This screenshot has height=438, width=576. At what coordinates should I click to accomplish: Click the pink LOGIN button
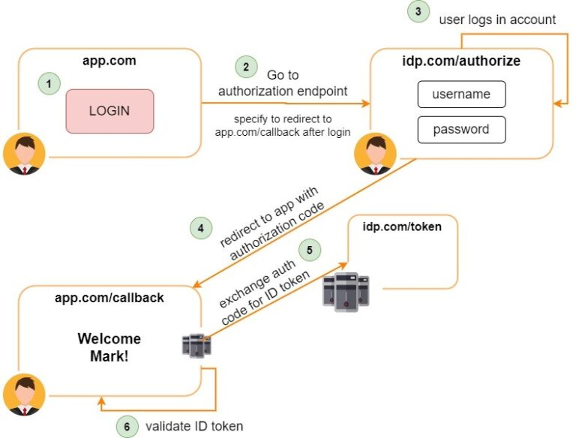pos(109,111)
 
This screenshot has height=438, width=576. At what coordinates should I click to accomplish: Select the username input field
pos(461,94)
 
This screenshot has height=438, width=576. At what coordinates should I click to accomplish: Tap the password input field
pos(461,129)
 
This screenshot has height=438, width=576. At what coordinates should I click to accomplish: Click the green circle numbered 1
pos(49,84)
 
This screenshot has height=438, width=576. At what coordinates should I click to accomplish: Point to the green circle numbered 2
pos(245,66)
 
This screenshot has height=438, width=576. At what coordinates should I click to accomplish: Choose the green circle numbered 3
pos(418,12)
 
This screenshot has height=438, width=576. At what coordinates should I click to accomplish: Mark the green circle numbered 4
pos(201,228)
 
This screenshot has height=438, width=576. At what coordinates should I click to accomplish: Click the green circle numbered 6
pos(127,425)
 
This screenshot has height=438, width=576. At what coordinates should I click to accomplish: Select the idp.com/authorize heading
pos(461,61)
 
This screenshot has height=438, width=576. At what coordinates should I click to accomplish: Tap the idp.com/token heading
pos(402,226)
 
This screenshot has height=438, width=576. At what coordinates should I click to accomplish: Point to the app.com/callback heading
pos(109,298)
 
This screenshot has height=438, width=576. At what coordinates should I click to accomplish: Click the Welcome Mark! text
pos(109,347)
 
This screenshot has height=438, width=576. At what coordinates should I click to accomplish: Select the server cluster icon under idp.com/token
pos(346,289)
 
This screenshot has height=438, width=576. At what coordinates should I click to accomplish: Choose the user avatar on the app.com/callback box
pos(23,395)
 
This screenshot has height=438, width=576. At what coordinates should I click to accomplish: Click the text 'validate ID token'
pos(193,425)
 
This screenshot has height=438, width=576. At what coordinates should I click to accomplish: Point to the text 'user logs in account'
pos(497,19)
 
